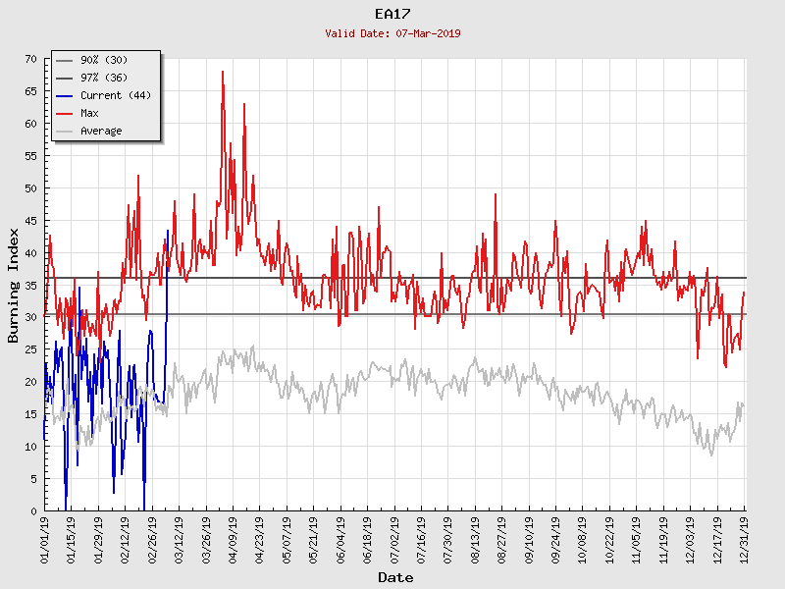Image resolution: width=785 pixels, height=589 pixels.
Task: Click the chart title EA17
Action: pyautogui.click(x=392, y=14)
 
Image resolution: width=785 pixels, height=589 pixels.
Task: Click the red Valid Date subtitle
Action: pyautogui.click(x=392, y=33)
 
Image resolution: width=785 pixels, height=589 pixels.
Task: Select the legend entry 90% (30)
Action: pyautogui.click(x=103, y=60)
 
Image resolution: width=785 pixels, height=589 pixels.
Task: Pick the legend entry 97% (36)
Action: pyautogui.click(x=103, y=78)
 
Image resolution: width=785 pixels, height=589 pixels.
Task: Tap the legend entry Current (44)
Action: pyautogui.click(x=115, y=95)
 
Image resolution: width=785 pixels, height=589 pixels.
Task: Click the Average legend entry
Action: pyautogui.click(x=101, y=131)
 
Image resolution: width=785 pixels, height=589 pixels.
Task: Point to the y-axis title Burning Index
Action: pyautogui.click(x=14, y=285)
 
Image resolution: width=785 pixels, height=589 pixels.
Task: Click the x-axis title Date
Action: pyautogui.click(x=395, y=578)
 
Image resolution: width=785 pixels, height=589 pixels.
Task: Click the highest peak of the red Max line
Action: pyautogui.click(x=223, y=72)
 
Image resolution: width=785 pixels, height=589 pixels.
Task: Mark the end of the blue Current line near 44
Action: pyautogui.click(x=168, y=231)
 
